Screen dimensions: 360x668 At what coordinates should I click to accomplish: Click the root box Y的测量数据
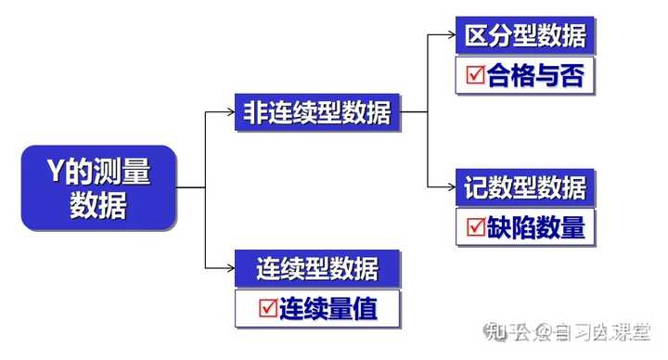pyautogui.click(x=98, y=187)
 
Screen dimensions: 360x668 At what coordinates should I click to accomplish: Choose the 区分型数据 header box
pyautogui.click(x=524, y=36)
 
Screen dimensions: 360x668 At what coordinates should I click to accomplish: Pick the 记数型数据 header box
pyautogui.click(x=524, y=188)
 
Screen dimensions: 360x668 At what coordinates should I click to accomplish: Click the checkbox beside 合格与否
pyautogui.click(x=475, y=76)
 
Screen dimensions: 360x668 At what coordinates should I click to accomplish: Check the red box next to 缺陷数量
pyautogui.click(x=475, y=227)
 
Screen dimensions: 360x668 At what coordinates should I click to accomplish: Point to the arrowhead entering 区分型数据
pyautogui.click(x=450, y=36)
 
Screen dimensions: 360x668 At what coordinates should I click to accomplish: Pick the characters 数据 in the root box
pyautogui.click(x=98, y=205)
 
